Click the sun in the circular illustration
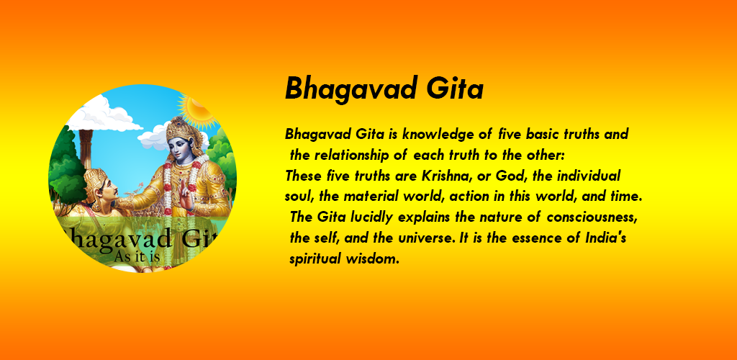(197, 107)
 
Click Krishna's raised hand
(187, 197)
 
